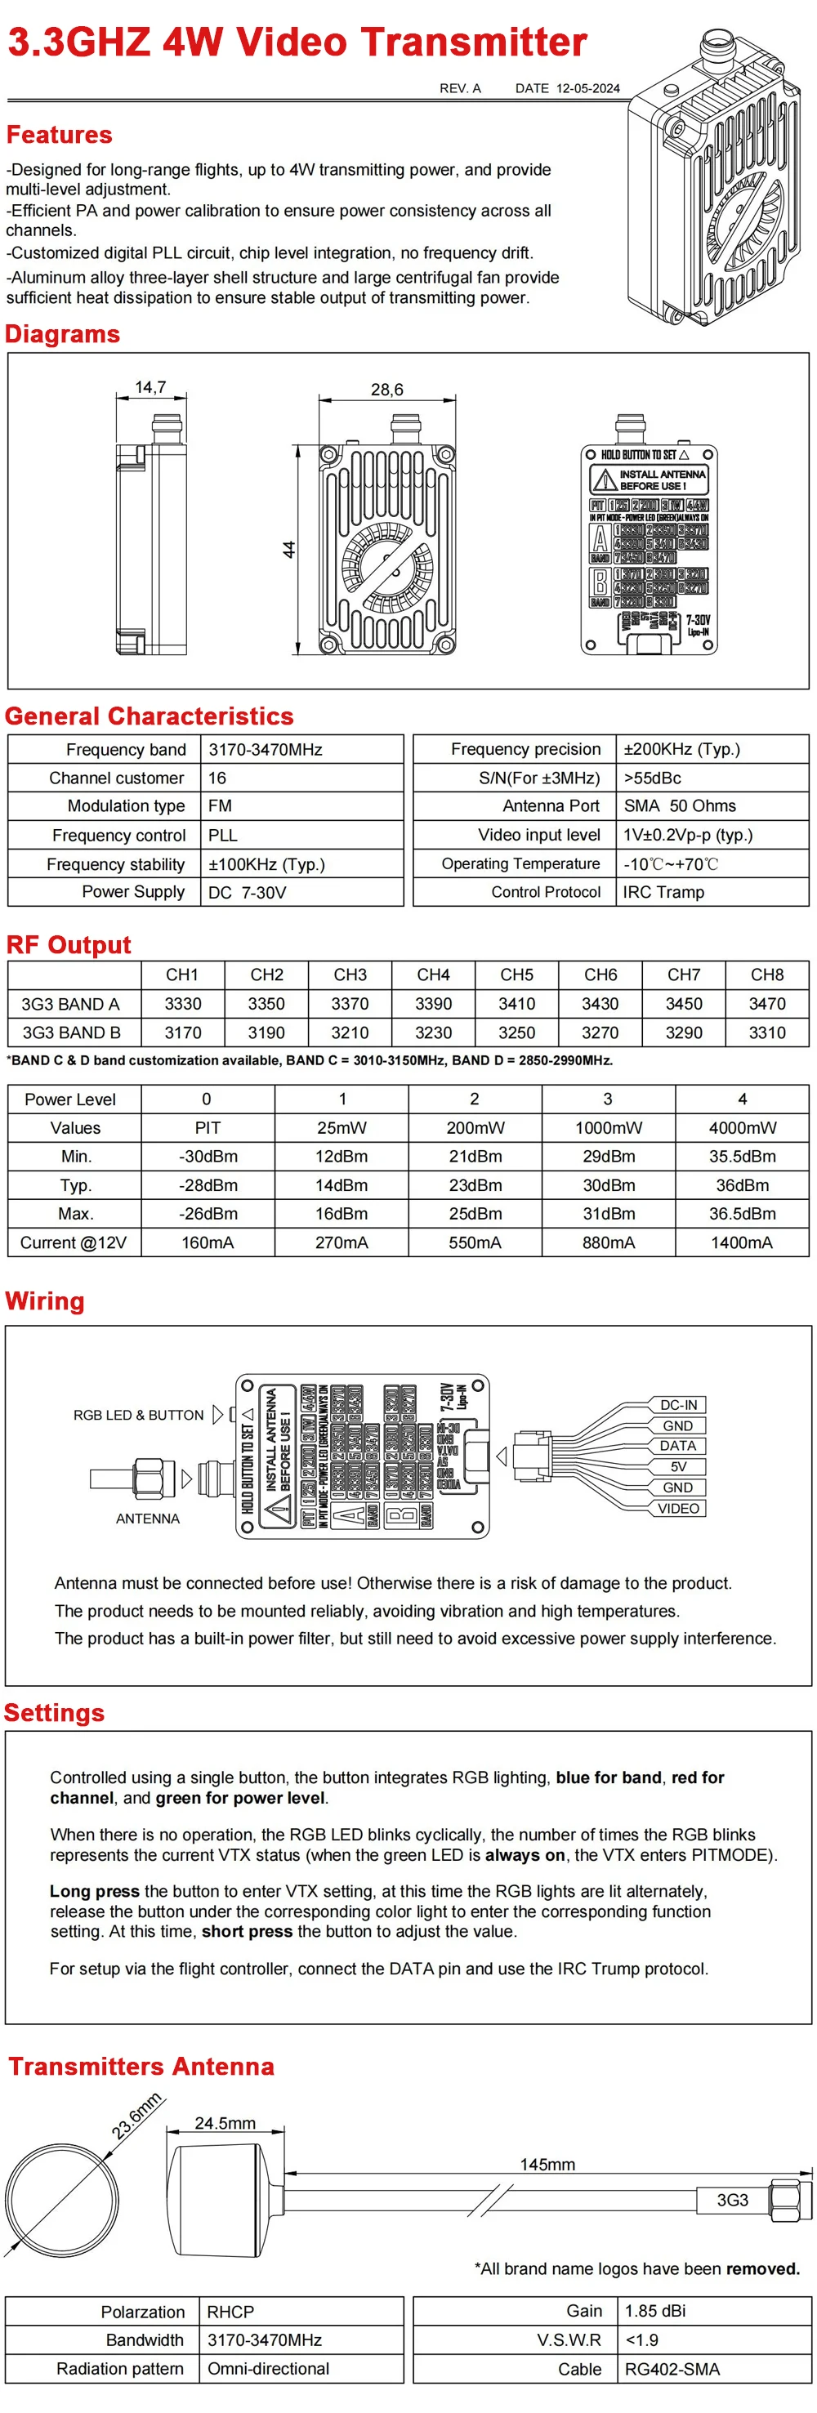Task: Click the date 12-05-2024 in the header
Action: (x=587, y=88)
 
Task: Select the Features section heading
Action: (x=59, y=135)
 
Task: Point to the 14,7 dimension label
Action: (x=150, y=387)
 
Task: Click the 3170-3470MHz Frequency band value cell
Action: (x=266, y=749)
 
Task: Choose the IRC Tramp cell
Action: (x=663, y=892)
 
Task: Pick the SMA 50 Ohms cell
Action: (x=679, y=805)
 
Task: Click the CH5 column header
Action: (x=516, y=975)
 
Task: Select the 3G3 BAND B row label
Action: (x=71, y=1033)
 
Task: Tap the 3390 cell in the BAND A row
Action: (x=433, y=1003)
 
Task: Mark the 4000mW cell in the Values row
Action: (x=742, y=1128)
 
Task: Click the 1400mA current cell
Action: (x=741, y=1242)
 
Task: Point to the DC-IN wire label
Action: (x=678, y=1405)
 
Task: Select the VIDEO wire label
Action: (x=677, y=1508)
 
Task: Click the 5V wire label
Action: (x=677, y=1467)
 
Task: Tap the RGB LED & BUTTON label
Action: (x=138, y=1416)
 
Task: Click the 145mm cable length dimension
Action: (x=547, y=2164)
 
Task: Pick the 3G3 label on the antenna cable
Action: (x=732, y=2200)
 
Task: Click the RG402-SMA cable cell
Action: (x=672, y=2369)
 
